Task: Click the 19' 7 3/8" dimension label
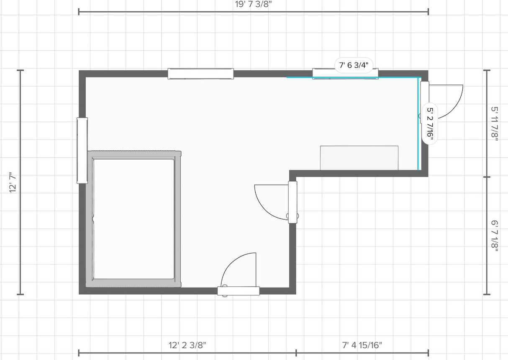pyautogui.click(x=253, y=4)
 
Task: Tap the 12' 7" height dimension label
pyautogui.click(x=13, y=183)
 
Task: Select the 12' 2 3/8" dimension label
pyautogui.click(x=187, y=345)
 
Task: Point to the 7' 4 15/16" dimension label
pyautogui.click(x=362, y=345)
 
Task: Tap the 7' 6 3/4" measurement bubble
pyautogui.click(x=354, y=65)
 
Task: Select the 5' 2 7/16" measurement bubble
pyautogui.click(x=430, y=125)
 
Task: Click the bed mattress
pyautogui.click(x=134, y=219)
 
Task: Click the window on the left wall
pyautogui.click(x=82, y=151)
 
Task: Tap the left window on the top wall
pyautogui.click(x=201, y=74)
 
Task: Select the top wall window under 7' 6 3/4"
pyautogui.click(x=345, y=74)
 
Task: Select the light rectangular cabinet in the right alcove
pyautogui.click(x=359, y=158)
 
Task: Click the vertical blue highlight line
pyautogui.click(x=418, y=124)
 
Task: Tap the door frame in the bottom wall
pyautogui.click(x=239, y=291)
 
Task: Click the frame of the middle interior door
pyautogui.click(x=292, y=202)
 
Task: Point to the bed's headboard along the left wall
pyautogui.click(x=90, y=219)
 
